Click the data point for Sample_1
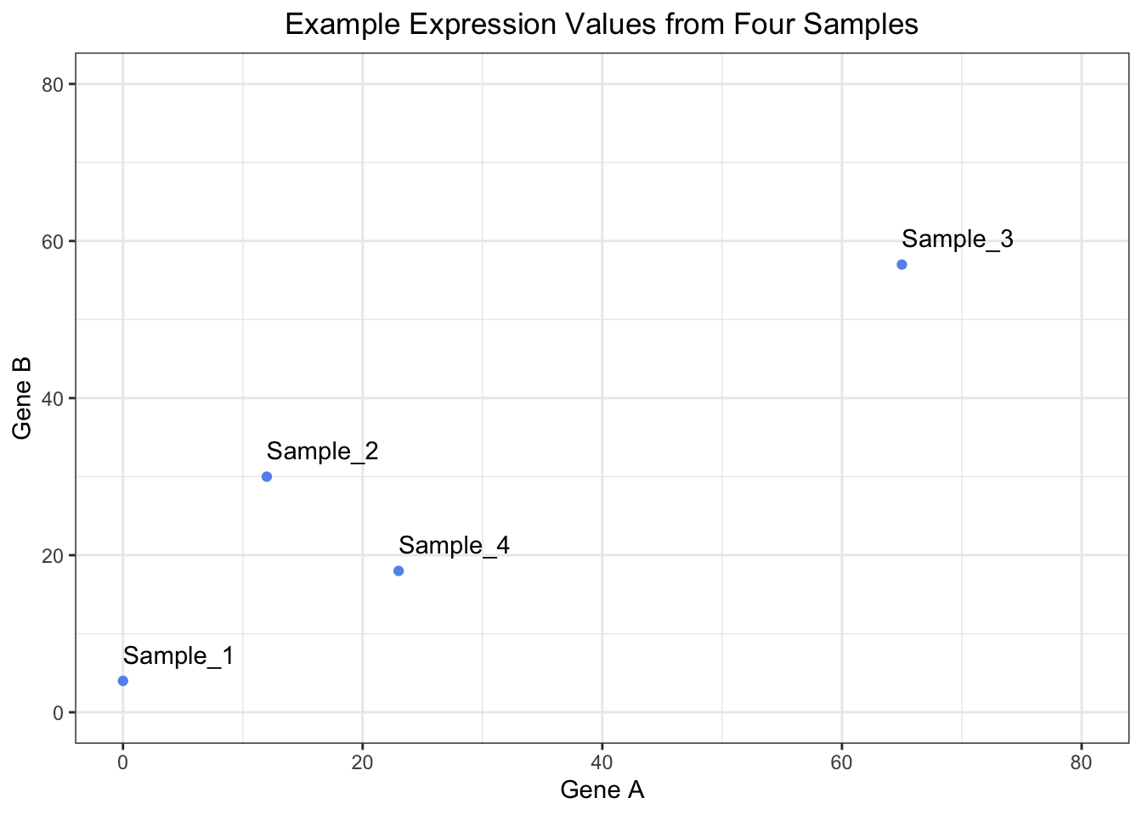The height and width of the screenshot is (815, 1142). (x=123, y=681)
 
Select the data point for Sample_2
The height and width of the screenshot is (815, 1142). (x=267, y=476)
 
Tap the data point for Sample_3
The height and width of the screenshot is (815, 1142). (x=902, y=265)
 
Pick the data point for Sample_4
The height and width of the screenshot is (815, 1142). (x=399, y=570)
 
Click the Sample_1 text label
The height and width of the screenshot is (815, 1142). (x=178, y=655)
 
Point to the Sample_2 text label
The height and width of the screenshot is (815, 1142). (x=322, y=451)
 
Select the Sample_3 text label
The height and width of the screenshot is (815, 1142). (x=958, y=239)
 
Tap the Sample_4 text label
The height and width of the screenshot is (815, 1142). (x=454, y=545)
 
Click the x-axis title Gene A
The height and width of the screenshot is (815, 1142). (x=602, y=790)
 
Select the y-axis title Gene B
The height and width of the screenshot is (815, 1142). (x=23, y=398)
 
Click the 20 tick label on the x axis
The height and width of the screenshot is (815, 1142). (x=363, y=763)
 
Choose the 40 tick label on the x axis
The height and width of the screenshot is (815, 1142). (x=602, y=763)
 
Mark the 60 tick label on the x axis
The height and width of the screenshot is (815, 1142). (x=842, y=763)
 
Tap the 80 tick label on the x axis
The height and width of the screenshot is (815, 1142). (x=1082, y=763)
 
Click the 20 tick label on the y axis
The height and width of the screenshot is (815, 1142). (x=54, y=555)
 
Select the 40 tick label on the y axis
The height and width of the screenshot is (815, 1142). (x=54, y=398)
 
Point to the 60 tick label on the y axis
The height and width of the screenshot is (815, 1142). (x=54, y=241)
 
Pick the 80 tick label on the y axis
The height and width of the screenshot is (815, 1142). (x=54, y=84)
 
